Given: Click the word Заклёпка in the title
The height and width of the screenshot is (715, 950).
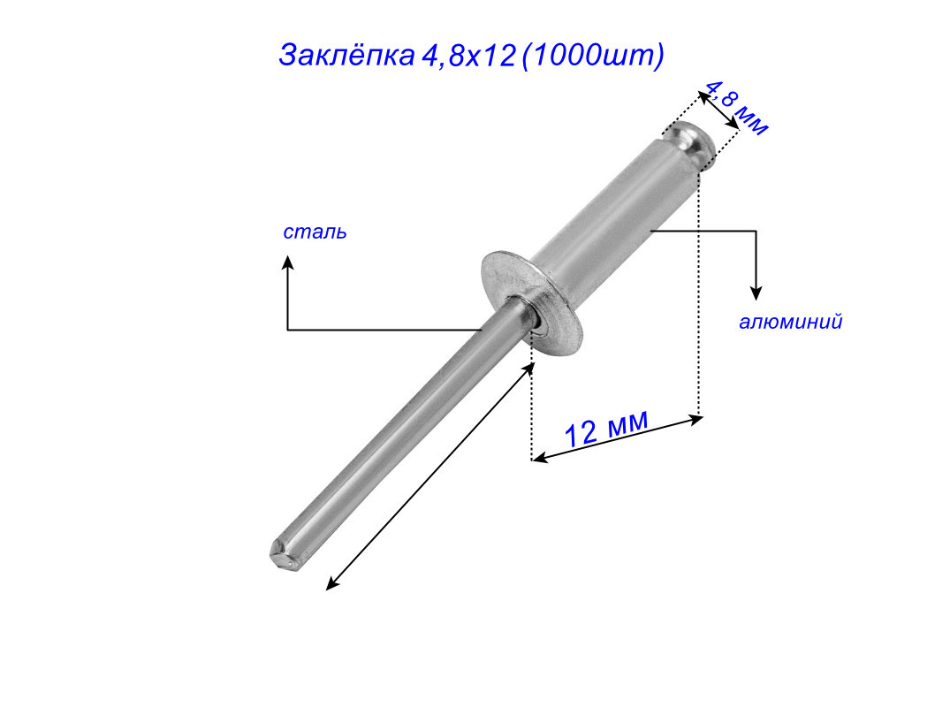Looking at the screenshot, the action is (346, 56).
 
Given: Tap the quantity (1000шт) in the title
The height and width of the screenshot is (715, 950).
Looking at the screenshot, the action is (593, 56).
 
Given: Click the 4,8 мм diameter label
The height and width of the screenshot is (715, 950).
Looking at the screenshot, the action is (737, 108).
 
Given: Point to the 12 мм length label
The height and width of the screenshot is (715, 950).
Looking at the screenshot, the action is (606, 429).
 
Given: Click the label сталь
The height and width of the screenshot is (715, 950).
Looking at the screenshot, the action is (315, 232).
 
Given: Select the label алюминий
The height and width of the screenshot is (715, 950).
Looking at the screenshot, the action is (791, 322).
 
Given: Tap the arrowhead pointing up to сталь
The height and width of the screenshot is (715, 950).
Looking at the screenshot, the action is (288, 261).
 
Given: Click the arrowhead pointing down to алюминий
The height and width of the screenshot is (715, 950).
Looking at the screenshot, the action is (756, 293).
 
